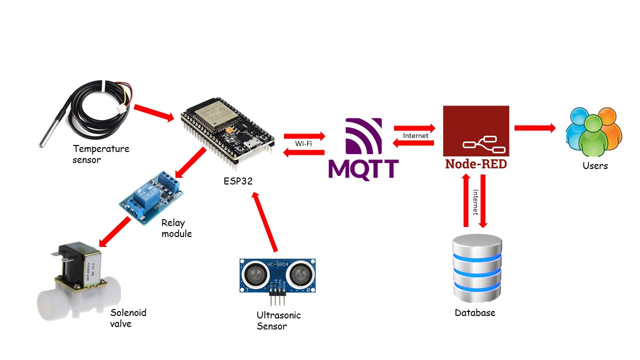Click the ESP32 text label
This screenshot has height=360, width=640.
(238, 181)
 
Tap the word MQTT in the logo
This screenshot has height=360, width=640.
(363, 169)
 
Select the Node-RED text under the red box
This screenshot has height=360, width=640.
(475, 163)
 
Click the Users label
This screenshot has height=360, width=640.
(595, 165)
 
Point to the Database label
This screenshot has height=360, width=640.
(475, 313)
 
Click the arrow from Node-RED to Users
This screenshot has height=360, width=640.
(535, 128)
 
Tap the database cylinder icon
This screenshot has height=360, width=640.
(476, 268)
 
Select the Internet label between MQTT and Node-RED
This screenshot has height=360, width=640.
(415, 135)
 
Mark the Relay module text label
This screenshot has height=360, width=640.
(176, 228)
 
